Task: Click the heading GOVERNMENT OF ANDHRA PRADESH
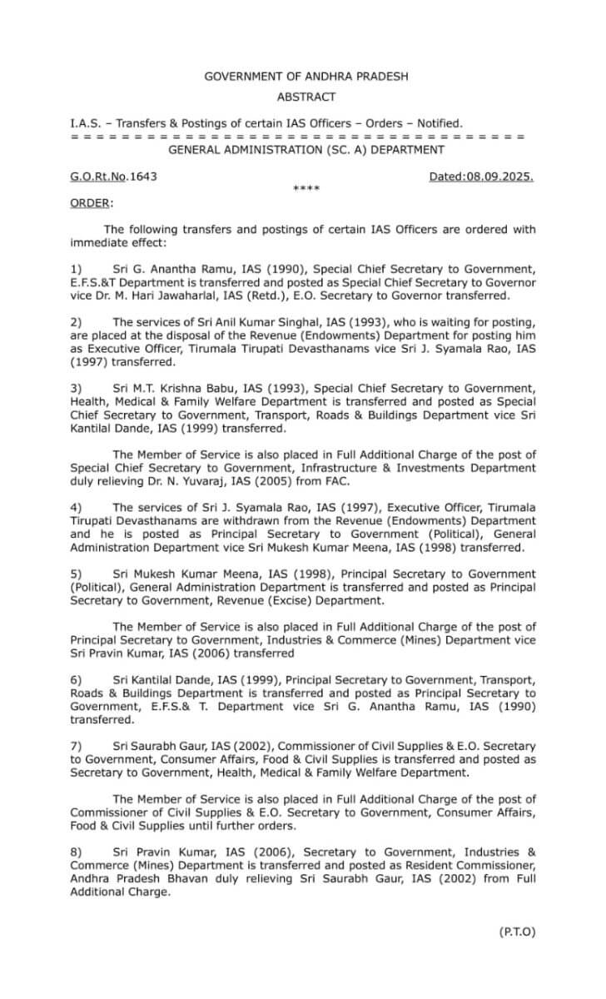(x=306, y=77)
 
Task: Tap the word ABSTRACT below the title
(x=306, y=97)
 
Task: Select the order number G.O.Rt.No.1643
(x=113, y=176)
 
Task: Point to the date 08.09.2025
(x=499, y=176)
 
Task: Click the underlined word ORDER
(x=91, y=202)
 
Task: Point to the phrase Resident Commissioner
(x=467, y=865)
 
